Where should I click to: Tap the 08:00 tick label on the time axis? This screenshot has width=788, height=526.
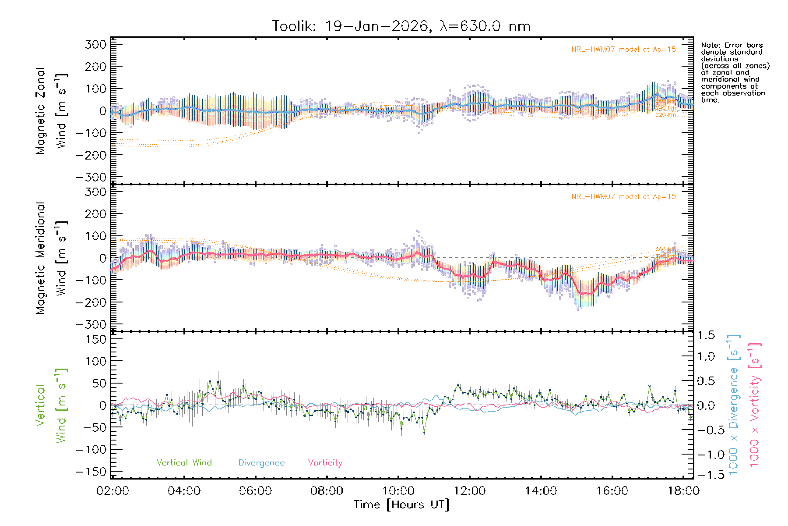327,491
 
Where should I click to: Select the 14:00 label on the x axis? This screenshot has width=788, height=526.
541,491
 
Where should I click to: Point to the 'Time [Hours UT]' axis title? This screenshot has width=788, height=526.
401,505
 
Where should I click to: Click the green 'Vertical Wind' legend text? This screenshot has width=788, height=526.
184,463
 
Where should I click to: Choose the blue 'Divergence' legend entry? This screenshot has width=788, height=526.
261,463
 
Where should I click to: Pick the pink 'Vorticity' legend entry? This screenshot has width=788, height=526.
325,463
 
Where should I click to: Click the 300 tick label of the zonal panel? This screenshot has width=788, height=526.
95,44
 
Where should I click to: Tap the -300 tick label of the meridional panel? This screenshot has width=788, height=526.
91,324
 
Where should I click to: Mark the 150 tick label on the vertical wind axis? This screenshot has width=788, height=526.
95,339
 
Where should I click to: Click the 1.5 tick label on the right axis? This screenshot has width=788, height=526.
706,335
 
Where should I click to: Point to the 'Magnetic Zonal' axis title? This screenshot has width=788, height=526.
41,111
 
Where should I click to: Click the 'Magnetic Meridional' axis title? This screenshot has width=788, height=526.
41,258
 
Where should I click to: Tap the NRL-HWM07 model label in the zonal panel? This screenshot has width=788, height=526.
623,50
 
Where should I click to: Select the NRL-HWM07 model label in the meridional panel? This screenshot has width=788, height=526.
623,197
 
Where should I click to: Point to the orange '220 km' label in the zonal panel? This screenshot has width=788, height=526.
665,115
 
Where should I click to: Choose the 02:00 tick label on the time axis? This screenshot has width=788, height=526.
113,491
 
